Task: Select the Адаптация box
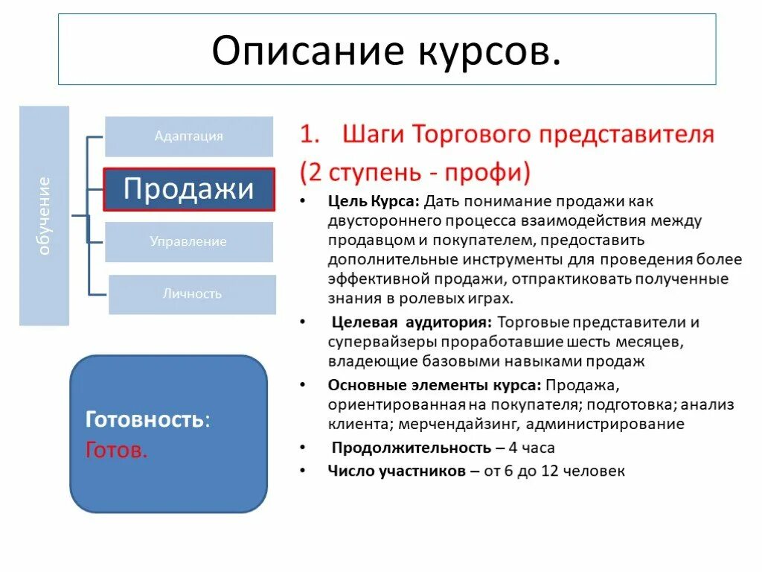pos(189,136)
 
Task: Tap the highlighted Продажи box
pos(189,189)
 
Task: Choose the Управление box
pos(188,242)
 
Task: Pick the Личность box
pos(192,294)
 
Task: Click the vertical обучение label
pos(44,216)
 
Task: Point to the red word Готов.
pos(117,450)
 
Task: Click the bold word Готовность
pos(144,419)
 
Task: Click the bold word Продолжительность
pos(411,448)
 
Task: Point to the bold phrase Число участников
pos(397,471)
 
